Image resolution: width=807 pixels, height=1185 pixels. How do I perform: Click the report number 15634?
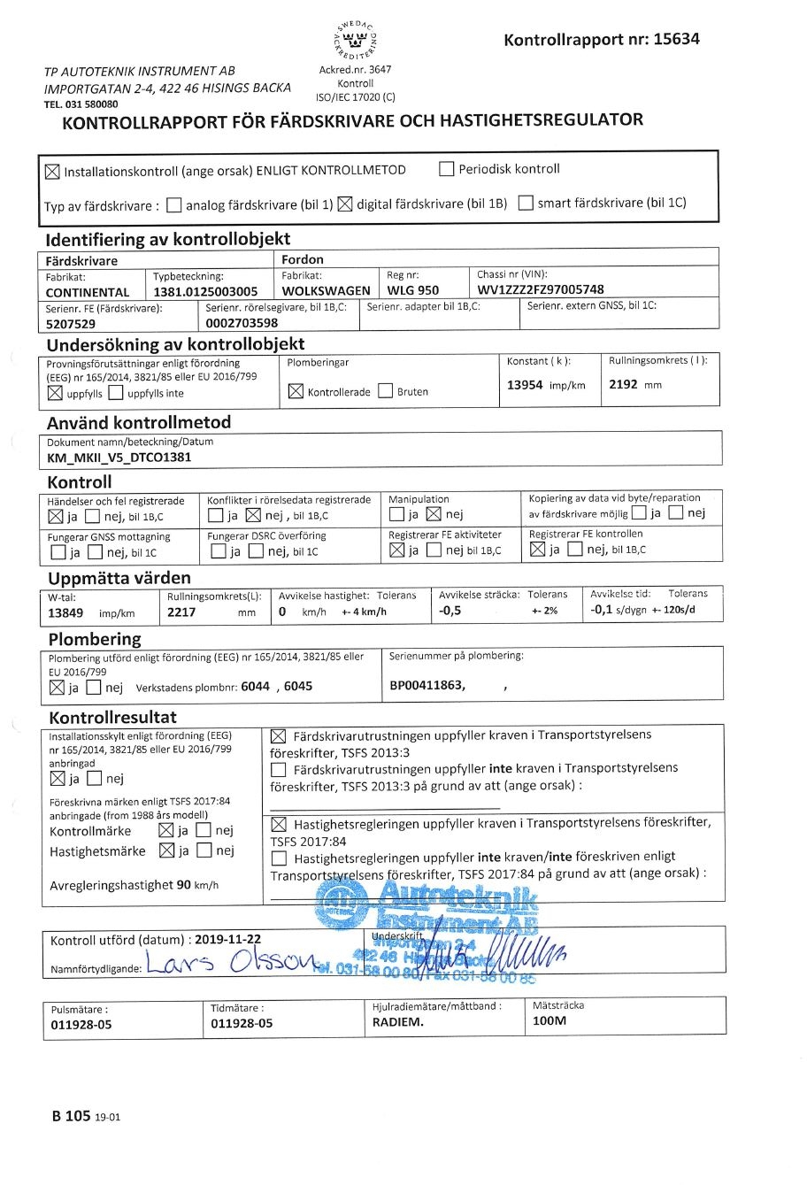click(x=676, y=39)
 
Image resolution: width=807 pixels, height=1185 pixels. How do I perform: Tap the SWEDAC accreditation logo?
click(x=355, y=41)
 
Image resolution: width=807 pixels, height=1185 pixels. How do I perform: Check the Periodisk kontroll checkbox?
click(x=447, y=169)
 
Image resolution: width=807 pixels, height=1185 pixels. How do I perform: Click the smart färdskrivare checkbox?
click(x=526, y=204)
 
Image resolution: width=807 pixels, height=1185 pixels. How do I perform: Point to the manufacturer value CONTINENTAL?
click(x=88, y=292)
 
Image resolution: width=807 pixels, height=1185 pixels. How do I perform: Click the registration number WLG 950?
click(x=412, y=290)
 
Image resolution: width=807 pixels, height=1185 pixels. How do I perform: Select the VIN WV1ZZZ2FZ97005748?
click(x=541, y=289)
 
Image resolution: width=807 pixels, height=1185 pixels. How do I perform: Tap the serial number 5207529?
click(x=71, y=324)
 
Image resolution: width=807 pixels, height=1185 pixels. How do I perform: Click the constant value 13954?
click(x=525, y=385)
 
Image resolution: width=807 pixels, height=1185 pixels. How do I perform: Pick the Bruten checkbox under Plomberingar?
click(x=385, y=391)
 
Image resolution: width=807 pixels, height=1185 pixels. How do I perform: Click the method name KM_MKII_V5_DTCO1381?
click(x=119, y=458)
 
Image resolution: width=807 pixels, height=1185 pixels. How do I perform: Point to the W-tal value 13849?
click(x=65, y=612)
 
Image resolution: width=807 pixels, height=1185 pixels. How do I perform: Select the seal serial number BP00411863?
click(x=427, y=686)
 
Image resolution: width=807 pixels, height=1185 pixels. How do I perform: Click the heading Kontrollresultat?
click(x=112, y=717)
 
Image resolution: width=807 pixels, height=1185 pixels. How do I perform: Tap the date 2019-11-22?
click(x=227, y=940)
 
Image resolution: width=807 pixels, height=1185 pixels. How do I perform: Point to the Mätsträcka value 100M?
click(x=549, y=1020)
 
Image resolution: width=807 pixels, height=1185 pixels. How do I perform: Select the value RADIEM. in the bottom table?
click(x=397, y=1021)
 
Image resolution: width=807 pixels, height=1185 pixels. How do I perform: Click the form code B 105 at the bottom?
click(x=72, y=1116)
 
